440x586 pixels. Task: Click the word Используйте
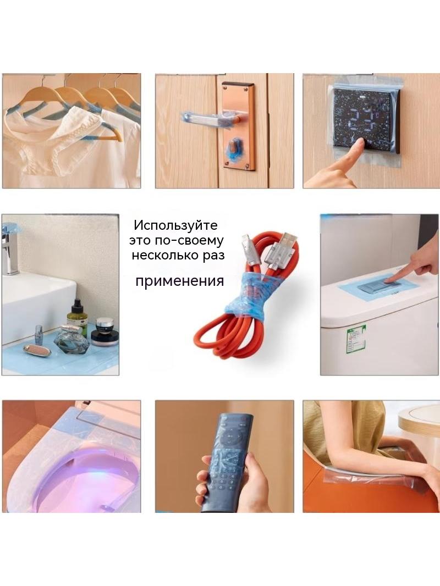pyautogui.click(x=175, y=225)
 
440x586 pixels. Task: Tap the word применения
pyautogui.click(x=179, y=281)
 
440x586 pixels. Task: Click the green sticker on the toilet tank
pyautogui.click(x=355, y=339)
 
